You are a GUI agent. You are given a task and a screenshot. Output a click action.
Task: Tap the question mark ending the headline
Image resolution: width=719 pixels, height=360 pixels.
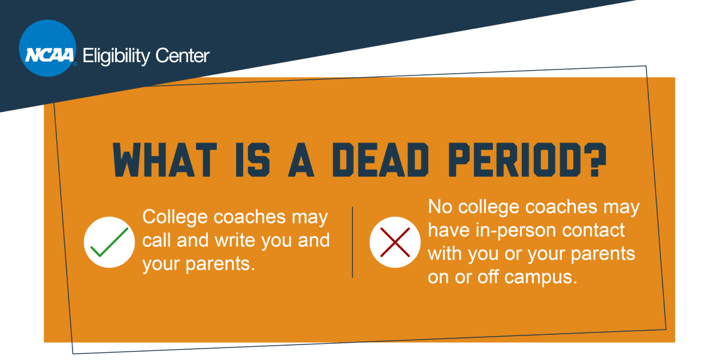click(x=593, y=160)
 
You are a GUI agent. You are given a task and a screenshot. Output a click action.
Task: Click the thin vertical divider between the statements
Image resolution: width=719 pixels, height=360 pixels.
click(x=352, y=242)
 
